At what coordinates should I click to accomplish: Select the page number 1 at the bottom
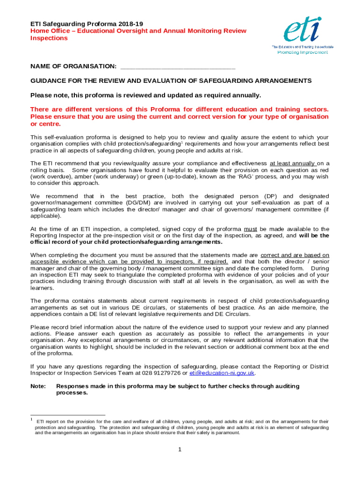(x=180, y=450)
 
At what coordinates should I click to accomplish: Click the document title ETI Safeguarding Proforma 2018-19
(x=86, y=23)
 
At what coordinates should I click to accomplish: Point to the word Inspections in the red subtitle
(x=49, y=38)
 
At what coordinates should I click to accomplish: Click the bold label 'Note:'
(x=38, y=386)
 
